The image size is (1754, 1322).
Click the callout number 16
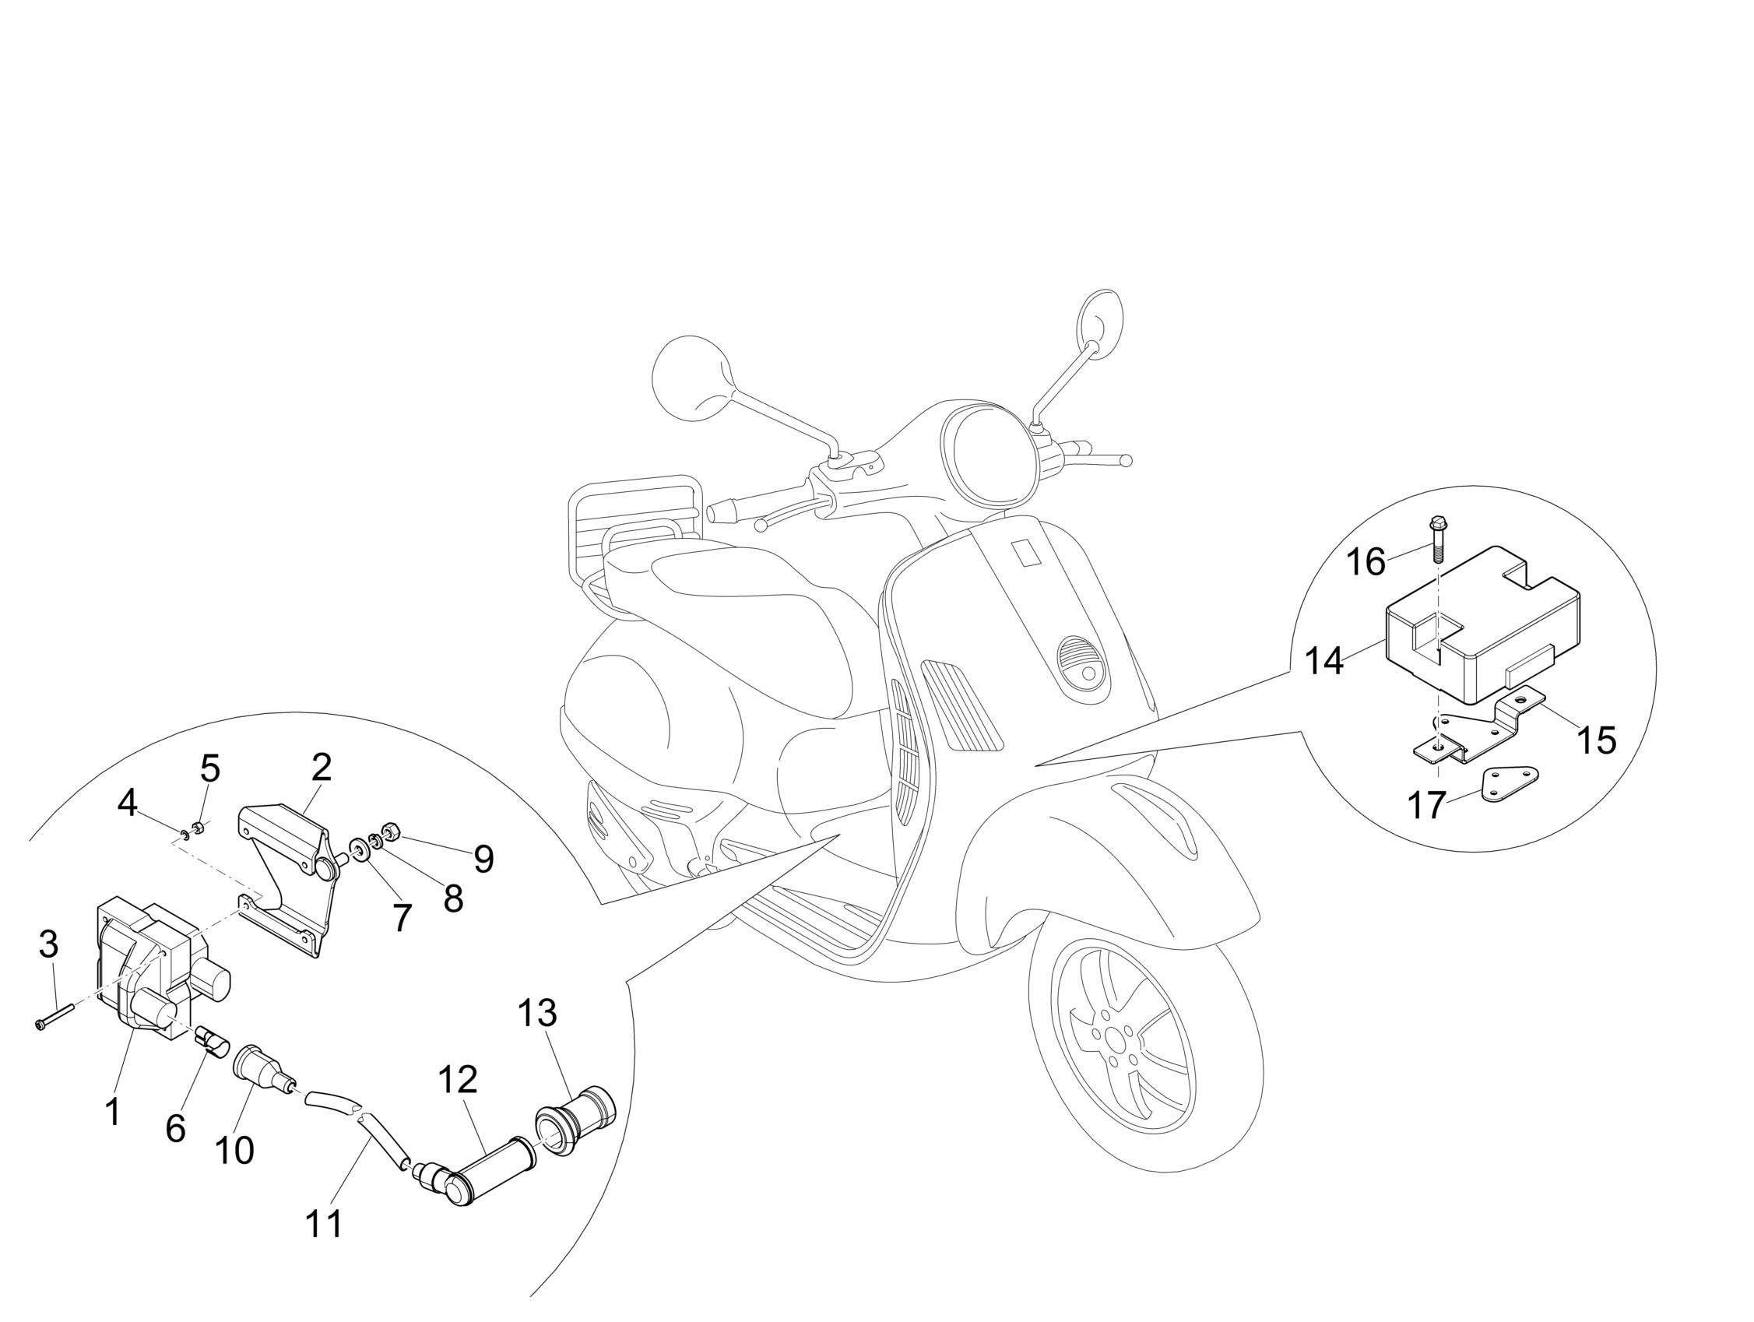[1366, 562]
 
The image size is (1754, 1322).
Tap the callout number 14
[1324, 659]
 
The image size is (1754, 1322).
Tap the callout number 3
[48, 944]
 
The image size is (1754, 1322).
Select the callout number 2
[322, 768]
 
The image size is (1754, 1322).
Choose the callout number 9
[483, 859]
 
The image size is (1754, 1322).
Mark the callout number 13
[538, 1014]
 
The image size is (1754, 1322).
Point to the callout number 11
[325, 1223]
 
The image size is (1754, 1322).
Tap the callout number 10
[234, 1149]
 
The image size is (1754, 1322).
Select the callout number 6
[175, 1127]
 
